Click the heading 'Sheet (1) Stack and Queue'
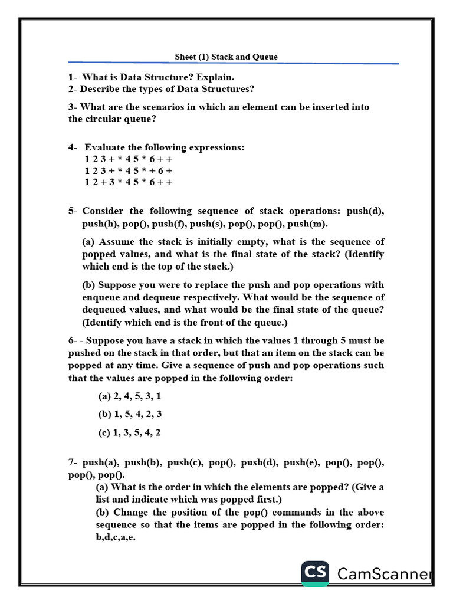click(x=226, y=57)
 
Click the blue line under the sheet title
click(x=233, y=63)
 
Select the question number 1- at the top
click(x=73, y=77)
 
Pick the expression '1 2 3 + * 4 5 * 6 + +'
click(x=128, y=159)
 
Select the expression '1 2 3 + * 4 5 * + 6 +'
click(x=128, y=171)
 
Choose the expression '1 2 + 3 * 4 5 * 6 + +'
click(x=128, y=183)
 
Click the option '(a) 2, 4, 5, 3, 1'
click(x=130, y=396)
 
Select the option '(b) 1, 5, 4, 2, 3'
click(x=130, y=415)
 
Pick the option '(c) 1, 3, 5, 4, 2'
click(x=129, y=433)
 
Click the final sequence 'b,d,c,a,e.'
click(x=116, y=537)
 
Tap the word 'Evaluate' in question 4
click(x=105, y=147)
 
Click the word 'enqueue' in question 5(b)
click(x=102, y=297)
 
